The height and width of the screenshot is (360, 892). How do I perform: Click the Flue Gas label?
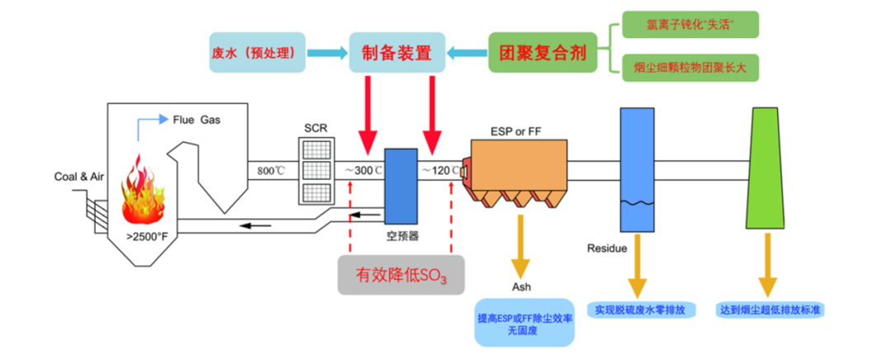coord(197,120)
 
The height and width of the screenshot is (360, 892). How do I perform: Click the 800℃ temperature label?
coord(270,171)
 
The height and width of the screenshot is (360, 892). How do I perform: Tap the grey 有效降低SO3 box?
coord(401,275)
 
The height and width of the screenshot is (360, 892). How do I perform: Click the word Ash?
coord(520,288)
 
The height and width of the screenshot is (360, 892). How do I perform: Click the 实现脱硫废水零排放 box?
coord(638,310)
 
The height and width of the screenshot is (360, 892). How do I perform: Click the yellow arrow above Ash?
coord(520,249)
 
